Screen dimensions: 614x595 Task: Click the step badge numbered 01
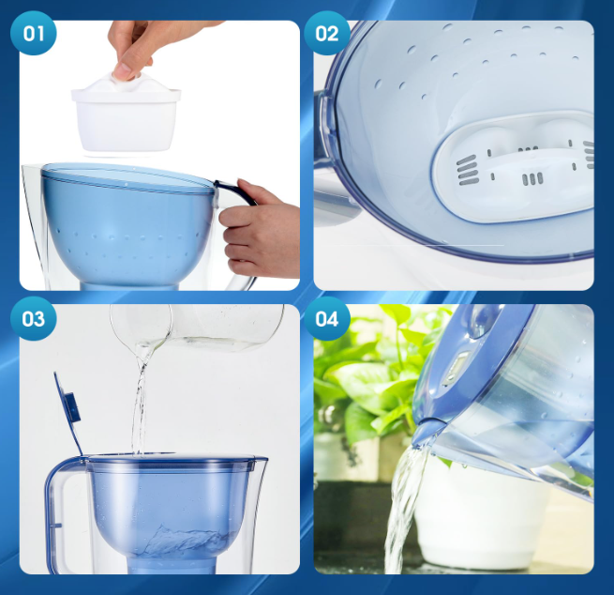[34, 34]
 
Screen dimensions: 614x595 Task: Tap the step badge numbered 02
[326, 34]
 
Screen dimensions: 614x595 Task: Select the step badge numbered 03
[34, 319]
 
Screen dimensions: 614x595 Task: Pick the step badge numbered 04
[326, 319]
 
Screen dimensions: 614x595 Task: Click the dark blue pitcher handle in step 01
[235, 192]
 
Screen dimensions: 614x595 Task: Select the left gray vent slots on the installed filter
[468, 170]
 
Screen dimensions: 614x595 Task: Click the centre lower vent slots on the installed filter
[532, 178]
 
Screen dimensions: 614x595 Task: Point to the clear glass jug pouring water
[196, 328]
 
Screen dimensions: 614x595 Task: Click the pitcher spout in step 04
[426, 434]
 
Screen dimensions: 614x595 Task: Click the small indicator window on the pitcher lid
[457, 366]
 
